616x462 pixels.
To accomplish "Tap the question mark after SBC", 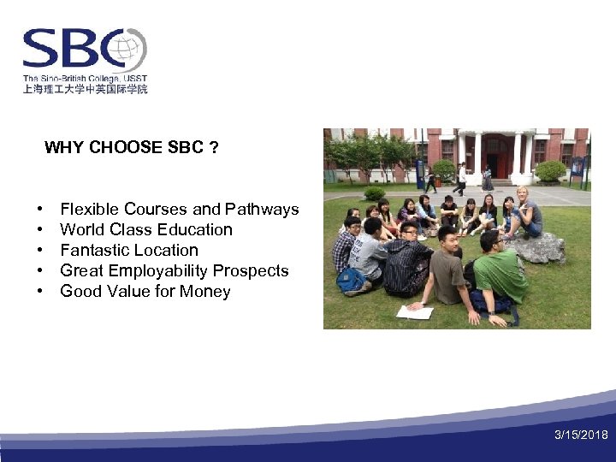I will click(213, 148).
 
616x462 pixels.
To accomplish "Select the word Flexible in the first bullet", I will click(90, 210).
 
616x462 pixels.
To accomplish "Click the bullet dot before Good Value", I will click(40, 292).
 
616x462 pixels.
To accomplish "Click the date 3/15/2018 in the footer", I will click(581, 435).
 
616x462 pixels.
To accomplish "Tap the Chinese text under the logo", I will click(85, 89).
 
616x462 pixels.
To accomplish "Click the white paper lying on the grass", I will click(416, 311).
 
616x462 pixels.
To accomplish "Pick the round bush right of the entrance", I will click(550, 172).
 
